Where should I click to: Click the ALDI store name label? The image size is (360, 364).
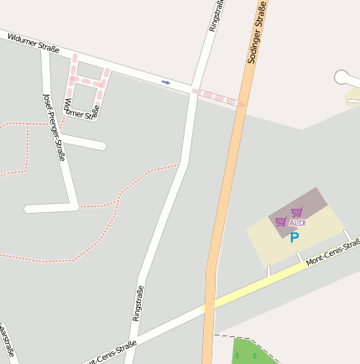pos(297,223)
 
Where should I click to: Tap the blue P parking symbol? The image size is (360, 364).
pos(295,237)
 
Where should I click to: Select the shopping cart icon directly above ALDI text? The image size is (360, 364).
pos(296,212)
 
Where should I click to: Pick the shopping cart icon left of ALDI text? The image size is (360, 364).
pos(280,222)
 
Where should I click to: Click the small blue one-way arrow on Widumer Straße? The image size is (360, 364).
pos(166,82)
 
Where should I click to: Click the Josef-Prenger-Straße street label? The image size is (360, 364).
pos(54,126)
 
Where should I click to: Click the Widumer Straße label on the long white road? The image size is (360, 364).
pos(34,43)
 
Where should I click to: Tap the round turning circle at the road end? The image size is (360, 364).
pos(342,77)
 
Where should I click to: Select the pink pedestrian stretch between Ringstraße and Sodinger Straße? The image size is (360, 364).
pos(217,97)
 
